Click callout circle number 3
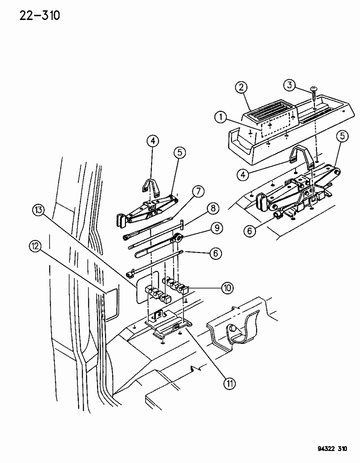point(290,86)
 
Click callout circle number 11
point(231,383)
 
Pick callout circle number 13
point(39,210)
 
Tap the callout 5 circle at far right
point(343,137)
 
